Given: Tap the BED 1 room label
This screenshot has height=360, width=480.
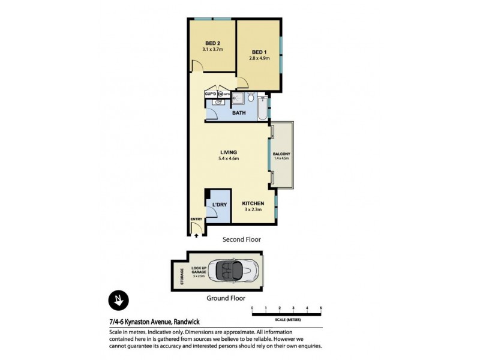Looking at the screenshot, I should pos(259,52).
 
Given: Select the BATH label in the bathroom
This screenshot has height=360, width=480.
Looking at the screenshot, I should pos(239,112).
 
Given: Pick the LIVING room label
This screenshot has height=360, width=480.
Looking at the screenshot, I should pos(229,152).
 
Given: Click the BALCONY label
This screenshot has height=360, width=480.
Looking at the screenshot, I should pos(281,154).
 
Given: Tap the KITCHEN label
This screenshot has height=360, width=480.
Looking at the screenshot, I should pos(254,204).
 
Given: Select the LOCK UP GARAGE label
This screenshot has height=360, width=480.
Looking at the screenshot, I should pos(199,270).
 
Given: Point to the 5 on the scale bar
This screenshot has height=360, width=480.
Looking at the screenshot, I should pos(321,307).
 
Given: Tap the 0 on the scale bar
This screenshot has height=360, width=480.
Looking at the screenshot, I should pos(253,307).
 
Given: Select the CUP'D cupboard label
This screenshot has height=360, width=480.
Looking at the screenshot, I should pos(211,94).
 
